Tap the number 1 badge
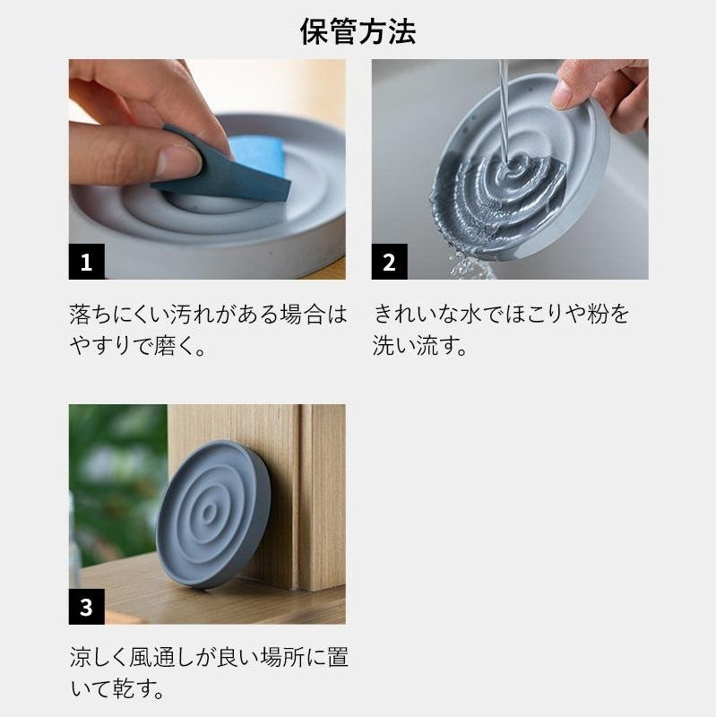(86, 262)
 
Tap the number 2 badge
(389, 262)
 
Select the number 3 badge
(86, 607)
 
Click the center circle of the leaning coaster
(209, 514)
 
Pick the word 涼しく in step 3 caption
(99, 658)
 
